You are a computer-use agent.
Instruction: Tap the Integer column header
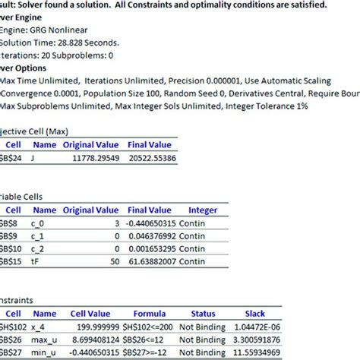tap(203, 210)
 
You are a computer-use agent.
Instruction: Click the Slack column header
tap(255, 312)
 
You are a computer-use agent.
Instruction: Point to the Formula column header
tap(150, 312)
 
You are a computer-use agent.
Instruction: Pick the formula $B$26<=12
tap(150, 339)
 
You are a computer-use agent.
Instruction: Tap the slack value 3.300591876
tap(257, 339)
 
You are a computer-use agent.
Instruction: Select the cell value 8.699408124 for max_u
tap(89, 339)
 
